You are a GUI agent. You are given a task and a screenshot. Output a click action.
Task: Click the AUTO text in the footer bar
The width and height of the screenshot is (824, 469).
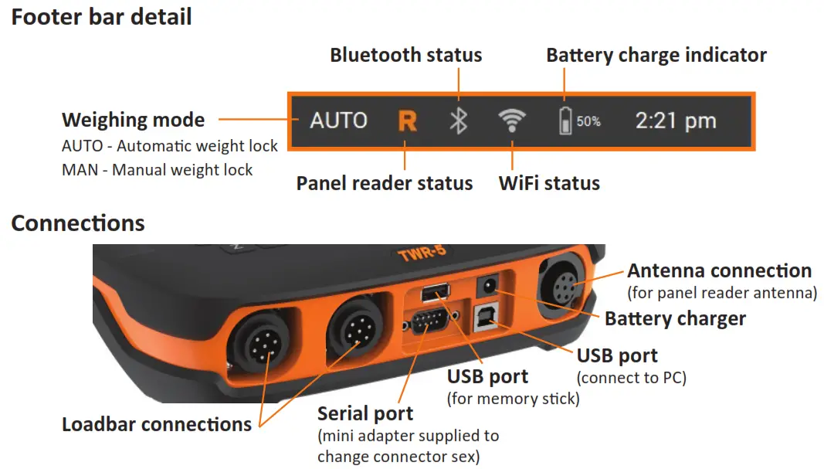point(338,121)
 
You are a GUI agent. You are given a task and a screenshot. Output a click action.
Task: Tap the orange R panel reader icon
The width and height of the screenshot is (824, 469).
point(407,121)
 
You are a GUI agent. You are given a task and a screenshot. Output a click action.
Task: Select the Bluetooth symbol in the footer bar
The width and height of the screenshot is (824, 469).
point(459,121)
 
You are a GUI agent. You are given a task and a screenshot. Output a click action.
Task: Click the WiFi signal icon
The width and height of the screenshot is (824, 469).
point(511,120)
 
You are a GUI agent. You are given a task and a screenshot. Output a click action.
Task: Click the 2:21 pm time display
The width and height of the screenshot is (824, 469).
point(675,121)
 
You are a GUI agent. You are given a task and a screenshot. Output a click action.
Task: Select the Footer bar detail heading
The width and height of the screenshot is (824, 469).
point(101,16)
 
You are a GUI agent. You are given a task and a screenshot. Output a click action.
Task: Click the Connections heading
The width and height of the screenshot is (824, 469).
point(78,223)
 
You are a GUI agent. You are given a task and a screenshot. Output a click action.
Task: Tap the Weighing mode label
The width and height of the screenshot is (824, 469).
point(133,120)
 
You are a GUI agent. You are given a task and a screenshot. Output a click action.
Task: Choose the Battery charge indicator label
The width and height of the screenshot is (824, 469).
point(656,55)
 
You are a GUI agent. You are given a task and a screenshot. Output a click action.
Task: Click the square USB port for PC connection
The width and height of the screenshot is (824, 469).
point(486,320)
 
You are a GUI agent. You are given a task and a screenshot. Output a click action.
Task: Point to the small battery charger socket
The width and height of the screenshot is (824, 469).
point(488,286)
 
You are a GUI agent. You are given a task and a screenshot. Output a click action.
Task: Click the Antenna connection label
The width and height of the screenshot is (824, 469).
point(719,270)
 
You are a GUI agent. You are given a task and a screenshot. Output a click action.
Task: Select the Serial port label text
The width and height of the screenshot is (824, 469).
point(365,413)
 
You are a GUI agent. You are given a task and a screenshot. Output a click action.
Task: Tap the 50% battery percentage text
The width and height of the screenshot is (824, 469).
point(588,121)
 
